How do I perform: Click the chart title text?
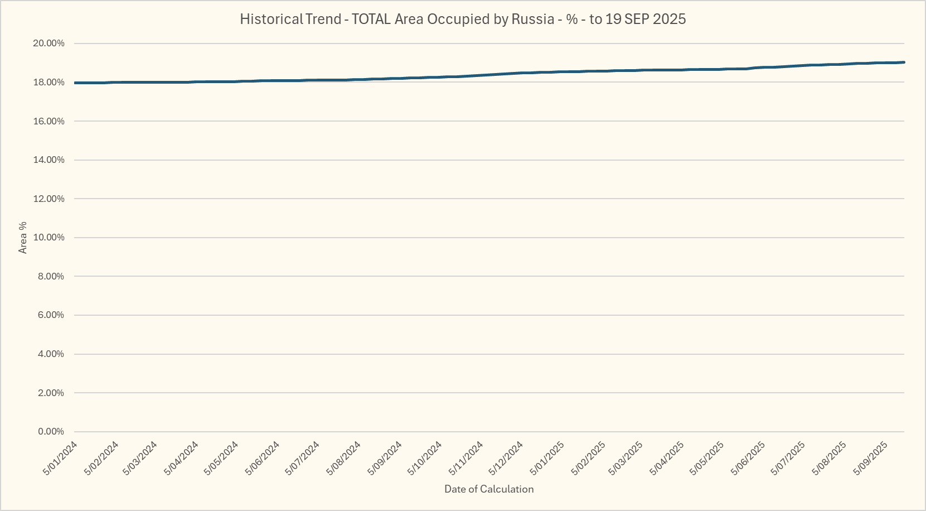(x=462, y=19)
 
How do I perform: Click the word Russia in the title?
(x=532, y=19)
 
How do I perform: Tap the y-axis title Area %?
(x=23, y=238)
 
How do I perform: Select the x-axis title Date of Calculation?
(x=489, y=489)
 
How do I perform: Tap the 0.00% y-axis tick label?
(x=51, y=432)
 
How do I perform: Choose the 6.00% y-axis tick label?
(x=51, y=315)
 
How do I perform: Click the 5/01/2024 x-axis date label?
(x=61, y=458)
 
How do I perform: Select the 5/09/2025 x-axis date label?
(x=871, y=458)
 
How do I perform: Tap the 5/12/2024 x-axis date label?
(x=506, y=458)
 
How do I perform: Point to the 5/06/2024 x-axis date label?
(x=263, y=458)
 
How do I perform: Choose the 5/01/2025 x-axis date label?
(x=547, y=458)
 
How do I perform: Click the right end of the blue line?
(x=904, y=62)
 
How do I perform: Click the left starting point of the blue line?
(x=75, y=83)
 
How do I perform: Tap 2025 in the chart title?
(x=669, y=19)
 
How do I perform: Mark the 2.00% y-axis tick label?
(x=51, y=393)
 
